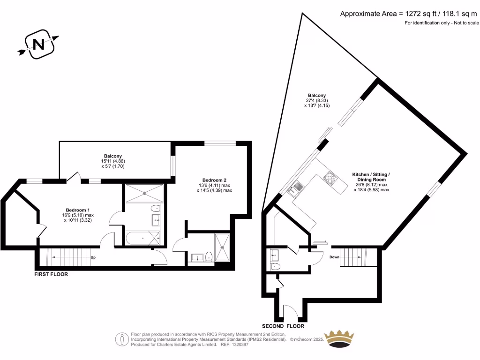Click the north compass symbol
click(x=39, y=45)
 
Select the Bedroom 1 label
click(x=77, y=210)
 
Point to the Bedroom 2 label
click(x=214, y=180)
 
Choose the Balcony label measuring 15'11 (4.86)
click(x=113, y=156)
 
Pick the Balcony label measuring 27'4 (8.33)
click(x=317, y=96)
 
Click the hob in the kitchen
click(x=329, y=178)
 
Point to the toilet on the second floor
click(x=276, y=266)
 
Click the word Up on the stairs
click(x=93, y=257)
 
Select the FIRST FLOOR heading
click(x=51, y=274)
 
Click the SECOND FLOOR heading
click(x=283, y=326)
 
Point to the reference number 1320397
click(x=240, y=344)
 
